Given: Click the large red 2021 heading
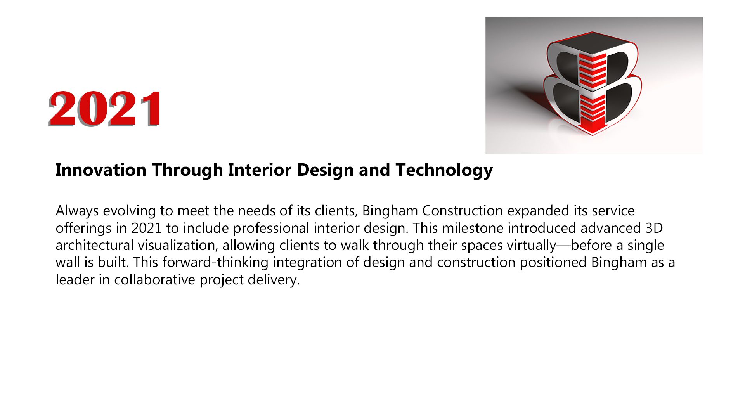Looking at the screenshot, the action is coord(106,109).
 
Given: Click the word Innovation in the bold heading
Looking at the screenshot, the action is coord(101,170).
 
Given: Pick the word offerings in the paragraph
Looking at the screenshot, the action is coord(83,229).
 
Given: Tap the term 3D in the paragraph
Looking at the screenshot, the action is coord(654,228).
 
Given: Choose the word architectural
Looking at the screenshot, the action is coord(95,246).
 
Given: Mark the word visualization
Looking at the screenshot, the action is coord(178,246).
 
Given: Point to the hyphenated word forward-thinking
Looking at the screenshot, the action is coord(215,263).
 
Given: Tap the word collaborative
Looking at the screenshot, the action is coord(155,280).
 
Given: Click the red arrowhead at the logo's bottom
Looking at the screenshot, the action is coord(592,128).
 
